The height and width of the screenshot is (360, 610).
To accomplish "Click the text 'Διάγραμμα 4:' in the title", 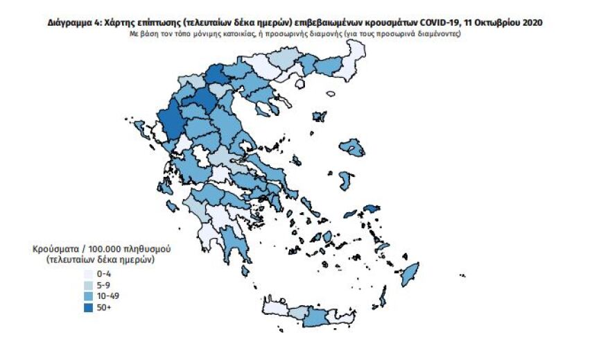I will pyautogui.click(x=73, y=23).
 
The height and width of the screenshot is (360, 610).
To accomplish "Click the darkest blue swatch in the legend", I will pyautogui.click(x=87, y=307).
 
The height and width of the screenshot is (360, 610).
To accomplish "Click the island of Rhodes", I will pyautogui.click(x=410, y=273).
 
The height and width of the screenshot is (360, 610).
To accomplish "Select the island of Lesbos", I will pyautogui.click(x=354, y=146).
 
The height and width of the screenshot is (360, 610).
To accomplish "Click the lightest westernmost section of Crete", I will pyautogui.click(x=274, y=307).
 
